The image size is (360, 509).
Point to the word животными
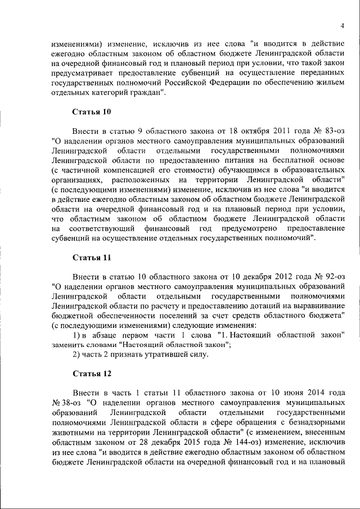pos(74,436)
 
